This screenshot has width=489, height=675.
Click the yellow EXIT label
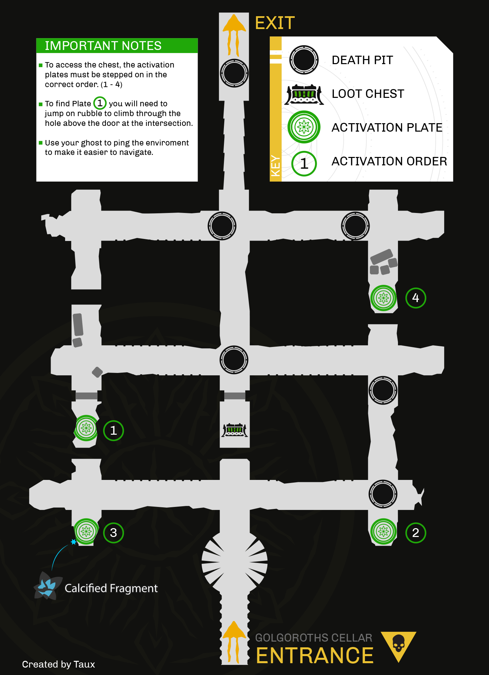[x=275, y=23]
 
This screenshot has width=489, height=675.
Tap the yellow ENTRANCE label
[x=315, y=655]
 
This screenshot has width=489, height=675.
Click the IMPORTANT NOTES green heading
[x=103, y=46]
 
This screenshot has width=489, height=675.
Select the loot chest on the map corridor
[x=235, y=430]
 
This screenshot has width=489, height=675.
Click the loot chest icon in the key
[x=304, y=94]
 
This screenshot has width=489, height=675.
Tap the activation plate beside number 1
[x=86, y=428]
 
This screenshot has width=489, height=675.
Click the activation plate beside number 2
[x=383, y=532]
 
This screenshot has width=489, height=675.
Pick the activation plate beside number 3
[x=86, y=531]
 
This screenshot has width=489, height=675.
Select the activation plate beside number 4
[x=383, y=298]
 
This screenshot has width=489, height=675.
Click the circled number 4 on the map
[x=415, y=298]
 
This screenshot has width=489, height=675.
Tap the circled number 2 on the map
[x=415, y=533]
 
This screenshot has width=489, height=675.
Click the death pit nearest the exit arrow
[x=234, y=73]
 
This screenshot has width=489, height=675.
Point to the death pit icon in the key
[x=304, y=60]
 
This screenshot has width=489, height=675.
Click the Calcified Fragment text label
[x=111, y=588]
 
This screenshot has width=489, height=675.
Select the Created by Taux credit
[x=58, y=664]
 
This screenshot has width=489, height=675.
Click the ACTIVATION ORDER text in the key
[x=389, y=161]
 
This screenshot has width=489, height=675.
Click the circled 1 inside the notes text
[x=100, y=103]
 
